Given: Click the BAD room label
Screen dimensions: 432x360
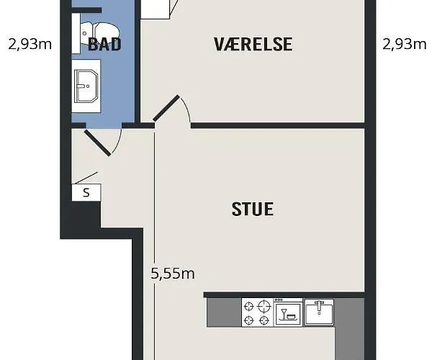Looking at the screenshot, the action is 104,44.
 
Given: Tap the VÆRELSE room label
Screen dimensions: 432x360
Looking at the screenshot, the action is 253,44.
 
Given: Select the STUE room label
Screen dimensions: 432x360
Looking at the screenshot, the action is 253,209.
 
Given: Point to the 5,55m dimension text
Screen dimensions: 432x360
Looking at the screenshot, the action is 173,274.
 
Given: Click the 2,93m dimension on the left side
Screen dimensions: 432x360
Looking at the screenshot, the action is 30,44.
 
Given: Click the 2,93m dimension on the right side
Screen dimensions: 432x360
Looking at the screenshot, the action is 404,44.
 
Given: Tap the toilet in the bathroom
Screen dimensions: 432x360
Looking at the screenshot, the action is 100,33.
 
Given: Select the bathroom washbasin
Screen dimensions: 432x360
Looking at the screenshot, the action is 86,86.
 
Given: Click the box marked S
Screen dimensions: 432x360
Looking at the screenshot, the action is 86,192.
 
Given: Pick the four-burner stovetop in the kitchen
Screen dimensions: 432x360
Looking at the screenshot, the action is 257,312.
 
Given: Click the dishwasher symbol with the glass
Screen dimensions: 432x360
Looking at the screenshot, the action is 288,312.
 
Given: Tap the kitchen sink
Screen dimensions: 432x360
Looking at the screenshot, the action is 319,312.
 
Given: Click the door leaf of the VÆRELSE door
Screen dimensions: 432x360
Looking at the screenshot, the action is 166,108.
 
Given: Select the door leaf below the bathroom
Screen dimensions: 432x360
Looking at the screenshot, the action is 97,143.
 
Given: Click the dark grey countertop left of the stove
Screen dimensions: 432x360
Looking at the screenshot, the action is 224,312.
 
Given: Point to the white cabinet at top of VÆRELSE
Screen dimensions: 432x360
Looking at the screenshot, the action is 155,9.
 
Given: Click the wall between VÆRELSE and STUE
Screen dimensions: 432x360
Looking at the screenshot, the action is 278,125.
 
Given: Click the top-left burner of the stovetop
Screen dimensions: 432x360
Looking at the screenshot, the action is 249,306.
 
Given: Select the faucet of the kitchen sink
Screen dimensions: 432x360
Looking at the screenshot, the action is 319,306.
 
